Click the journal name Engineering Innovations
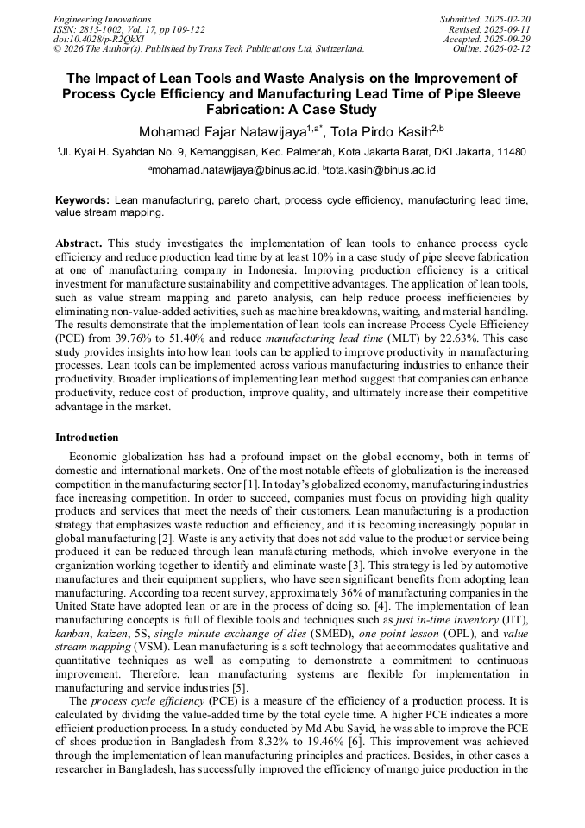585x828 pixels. (102, 19)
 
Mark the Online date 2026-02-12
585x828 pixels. (509, 49)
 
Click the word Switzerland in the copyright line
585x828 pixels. (336, 49)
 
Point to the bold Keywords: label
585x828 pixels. (82, 199)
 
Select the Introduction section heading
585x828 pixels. (87, 438)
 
